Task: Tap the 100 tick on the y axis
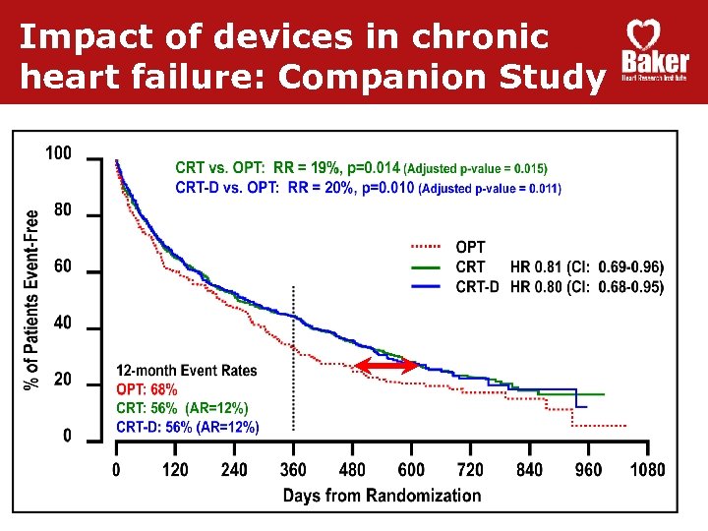click(58, 153)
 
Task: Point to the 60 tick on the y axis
click(62, 266)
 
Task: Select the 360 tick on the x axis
click(293, 470)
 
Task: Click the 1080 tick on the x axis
click(647, 470)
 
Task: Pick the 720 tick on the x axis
click(470, 470)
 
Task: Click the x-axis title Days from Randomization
click(382, 495)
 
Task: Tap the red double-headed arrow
click(386, 366)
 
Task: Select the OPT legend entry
click(470, 248)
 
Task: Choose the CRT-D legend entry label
click(477, 287)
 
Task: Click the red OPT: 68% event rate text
click(147, 389)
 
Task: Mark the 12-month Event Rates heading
click(186, 371)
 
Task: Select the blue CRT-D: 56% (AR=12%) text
click(188, 426)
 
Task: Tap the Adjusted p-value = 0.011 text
click(490, 188)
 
